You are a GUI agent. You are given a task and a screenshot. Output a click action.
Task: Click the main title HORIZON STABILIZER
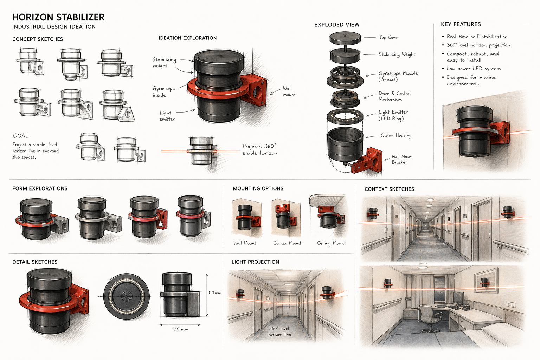pos(58,17)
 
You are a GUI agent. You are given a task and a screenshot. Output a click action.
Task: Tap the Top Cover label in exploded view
pos(389,37)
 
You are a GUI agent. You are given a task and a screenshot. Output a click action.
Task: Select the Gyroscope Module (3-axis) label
pos(398,76)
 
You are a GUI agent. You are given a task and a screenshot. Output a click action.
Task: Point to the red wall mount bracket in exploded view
pos(369,162)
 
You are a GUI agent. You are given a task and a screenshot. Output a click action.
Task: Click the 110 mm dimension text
pos(215,292)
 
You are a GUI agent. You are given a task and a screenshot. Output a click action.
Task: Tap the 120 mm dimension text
pos(180,329)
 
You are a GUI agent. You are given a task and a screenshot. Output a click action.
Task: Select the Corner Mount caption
pos(287,243)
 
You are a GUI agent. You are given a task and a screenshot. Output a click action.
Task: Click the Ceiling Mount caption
pos(331,243)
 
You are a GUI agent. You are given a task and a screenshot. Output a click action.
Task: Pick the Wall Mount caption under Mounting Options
pos(245,243)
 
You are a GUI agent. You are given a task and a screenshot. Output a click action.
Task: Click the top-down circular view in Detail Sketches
pos(127,296)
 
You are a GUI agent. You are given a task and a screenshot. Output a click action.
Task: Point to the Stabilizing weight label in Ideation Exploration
pos(164,63)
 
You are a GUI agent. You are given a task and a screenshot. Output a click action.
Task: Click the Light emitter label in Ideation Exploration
pos(167,116)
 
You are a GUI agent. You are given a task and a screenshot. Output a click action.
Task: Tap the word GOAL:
pos(21,136)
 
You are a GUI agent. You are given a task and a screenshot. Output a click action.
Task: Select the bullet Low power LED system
pos(473,69)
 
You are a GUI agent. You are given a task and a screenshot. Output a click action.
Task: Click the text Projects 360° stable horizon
pos(259,149)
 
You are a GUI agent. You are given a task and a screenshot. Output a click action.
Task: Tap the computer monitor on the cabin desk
pos(458,298)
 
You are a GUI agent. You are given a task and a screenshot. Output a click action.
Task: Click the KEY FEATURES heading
pos(461,24)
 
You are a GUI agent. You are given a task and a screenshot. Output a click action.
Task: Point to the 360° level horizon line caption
pos(280,331)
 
